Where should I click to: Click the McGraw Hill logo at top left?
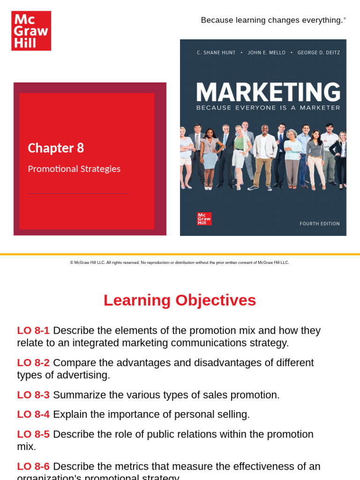coord(31,31)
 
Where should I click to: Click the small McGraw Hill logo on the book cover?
coord(204,219)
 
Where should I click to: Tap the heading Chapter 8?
coord(56,148)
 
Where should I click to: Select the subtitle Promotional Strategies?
coord(74,169)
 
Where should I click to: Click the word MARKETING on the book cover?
coord(268,92)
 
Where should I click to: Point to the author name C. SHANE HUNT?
coord(217,52)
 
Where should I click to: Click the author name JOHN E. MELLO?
coord(266,52)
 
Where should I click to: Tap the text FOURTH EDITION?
coord(320,224)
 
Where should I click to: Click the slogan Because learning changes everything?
coord(272,20)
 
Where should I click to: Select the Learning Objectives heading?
coord(180,300)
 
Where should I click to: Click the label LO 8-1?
coord(33,330)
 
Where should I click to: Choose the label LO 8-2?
coord(33,363)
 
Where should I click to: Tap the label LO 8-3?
coord(33,395)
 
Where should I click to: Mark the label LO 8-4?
coord(33,414)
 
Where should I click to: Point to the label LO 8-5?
coord(33,435)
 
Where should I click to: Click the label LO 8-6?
coord(33,467)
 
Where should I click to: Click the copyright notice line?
coord(180,262)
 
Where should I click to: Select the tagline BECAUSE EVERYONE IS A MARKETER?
coord(268,107)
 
